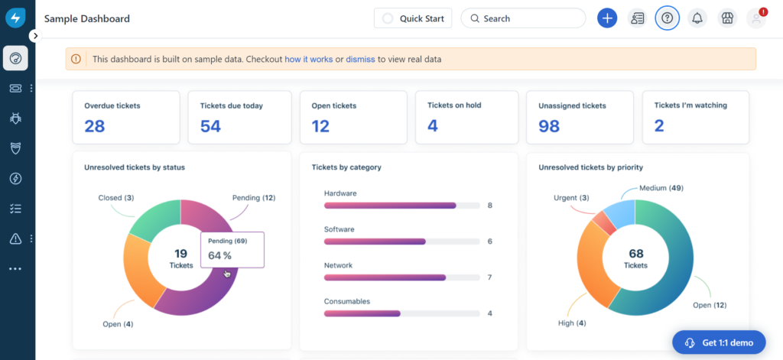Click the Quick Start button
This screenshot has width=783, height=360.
[x=413, y=18]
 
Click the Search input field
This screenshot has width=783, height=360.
[x=523, y=18]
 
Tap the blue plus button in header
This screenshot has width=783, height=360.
[x=607, y=18]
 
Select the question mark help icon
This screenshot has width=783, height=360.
[x=667, y=18]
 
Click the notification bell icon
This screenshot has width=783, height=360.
[x=697, y=18]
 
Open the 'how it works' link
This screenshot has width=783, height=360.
[x=309, y=59]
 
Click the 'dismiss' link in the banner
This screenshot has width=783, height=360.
[x=360, y=59]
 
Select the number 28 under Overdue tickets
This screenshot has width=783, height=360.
[x=95, y=126]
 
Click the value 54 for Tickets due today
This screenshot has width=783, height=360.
[x=210, y=126]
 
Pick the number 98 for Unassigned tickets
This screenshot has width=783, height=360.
[x=549, y=126]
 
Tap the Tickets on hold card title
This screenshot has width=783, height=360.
[x=454, y=105]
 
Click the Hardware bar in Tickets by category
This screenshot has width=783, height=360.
[x=390, y=206]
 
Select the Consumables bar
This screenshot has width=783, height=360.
[x=362, y=313]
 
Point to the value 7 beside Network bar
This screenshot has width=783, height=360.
[x=489, y=277]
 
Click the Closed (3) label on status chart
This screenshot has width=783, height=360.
[x=116, y=198]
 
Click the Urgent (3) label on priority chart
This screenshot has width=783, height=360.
[x=572, y=198]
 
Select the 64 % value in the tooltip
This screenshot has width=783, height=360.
[x=219, y=255]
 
